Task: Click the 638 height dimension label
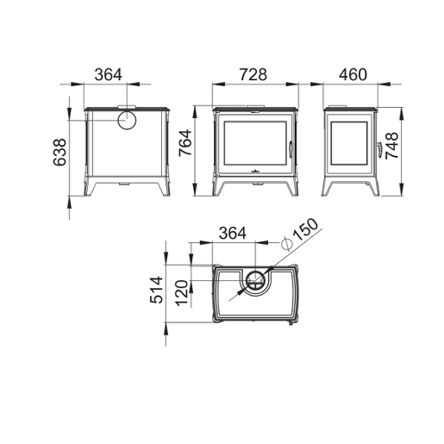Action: click(59, 153)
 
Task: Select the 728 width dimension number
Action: click(253, 74)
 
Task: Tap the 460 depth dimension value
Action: click(353, 74)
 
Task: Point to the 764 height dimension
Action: click(185, 143)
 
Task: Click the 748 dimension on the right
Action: click(391, 146)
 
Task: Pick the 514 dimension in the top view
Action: click(157, 290)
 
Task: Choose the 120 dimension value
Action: click(182, 293)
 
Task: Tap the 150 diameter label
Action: click(306, 229)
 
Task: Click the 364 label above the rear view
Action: click(109, 74)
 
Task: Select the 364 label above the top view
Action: click(233, 233)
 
